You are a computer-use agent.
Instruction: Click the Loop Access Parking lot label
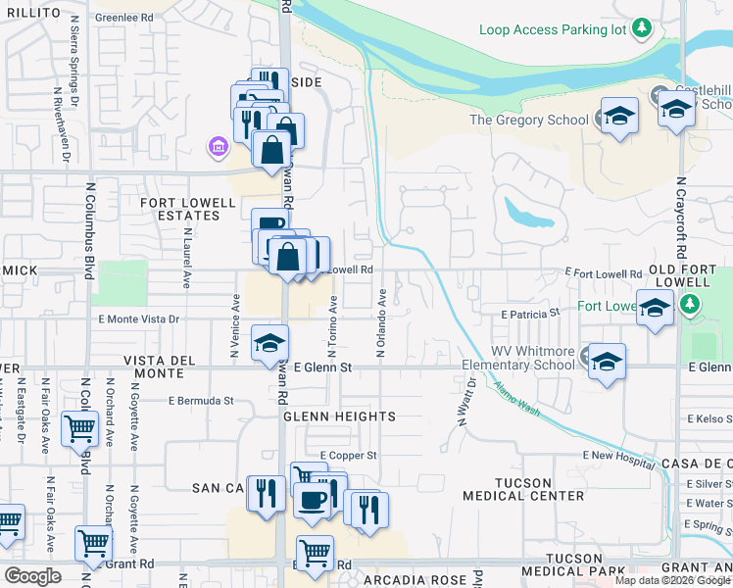[552, 29]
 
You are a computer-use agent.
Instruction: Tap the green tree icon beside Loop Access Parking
[642, 27]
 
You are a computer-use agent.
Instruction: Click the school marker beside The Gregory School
[619, 117]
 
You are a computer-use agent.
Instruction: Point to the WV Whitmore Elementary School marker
[607, 361]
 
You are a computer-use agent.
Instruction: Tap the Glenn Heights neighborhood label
[339, 416]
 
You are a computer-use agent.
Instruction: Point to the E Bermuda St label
[201, 400]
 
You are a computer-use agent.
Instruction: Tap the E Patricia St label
[529, 315]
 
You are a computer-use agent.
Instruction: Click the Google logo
[32, 576]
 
